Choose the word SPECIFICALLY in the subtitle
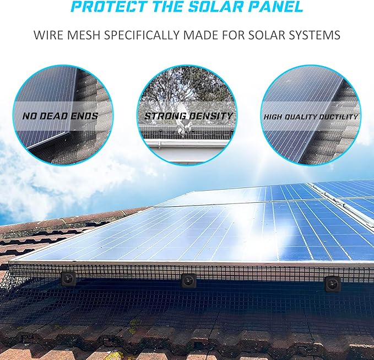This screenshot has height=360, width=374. tap(142, 35)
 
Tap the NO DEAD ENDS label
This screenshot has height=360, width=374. tap(60, 116)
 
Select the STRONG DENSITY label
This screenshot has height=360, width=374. tap(188, 116)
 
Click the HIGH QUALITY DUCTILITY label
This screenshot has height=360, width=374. tap(311, 117)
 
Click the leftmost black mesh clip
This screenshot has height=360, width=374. tap(69, 278)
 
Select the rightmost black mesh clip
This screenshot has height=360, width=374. tap(332, 284)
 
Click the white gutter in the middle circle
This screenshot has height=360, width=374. tap(186, 144)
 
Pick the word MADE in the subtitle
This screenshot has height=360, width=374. tap(202, 35)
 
